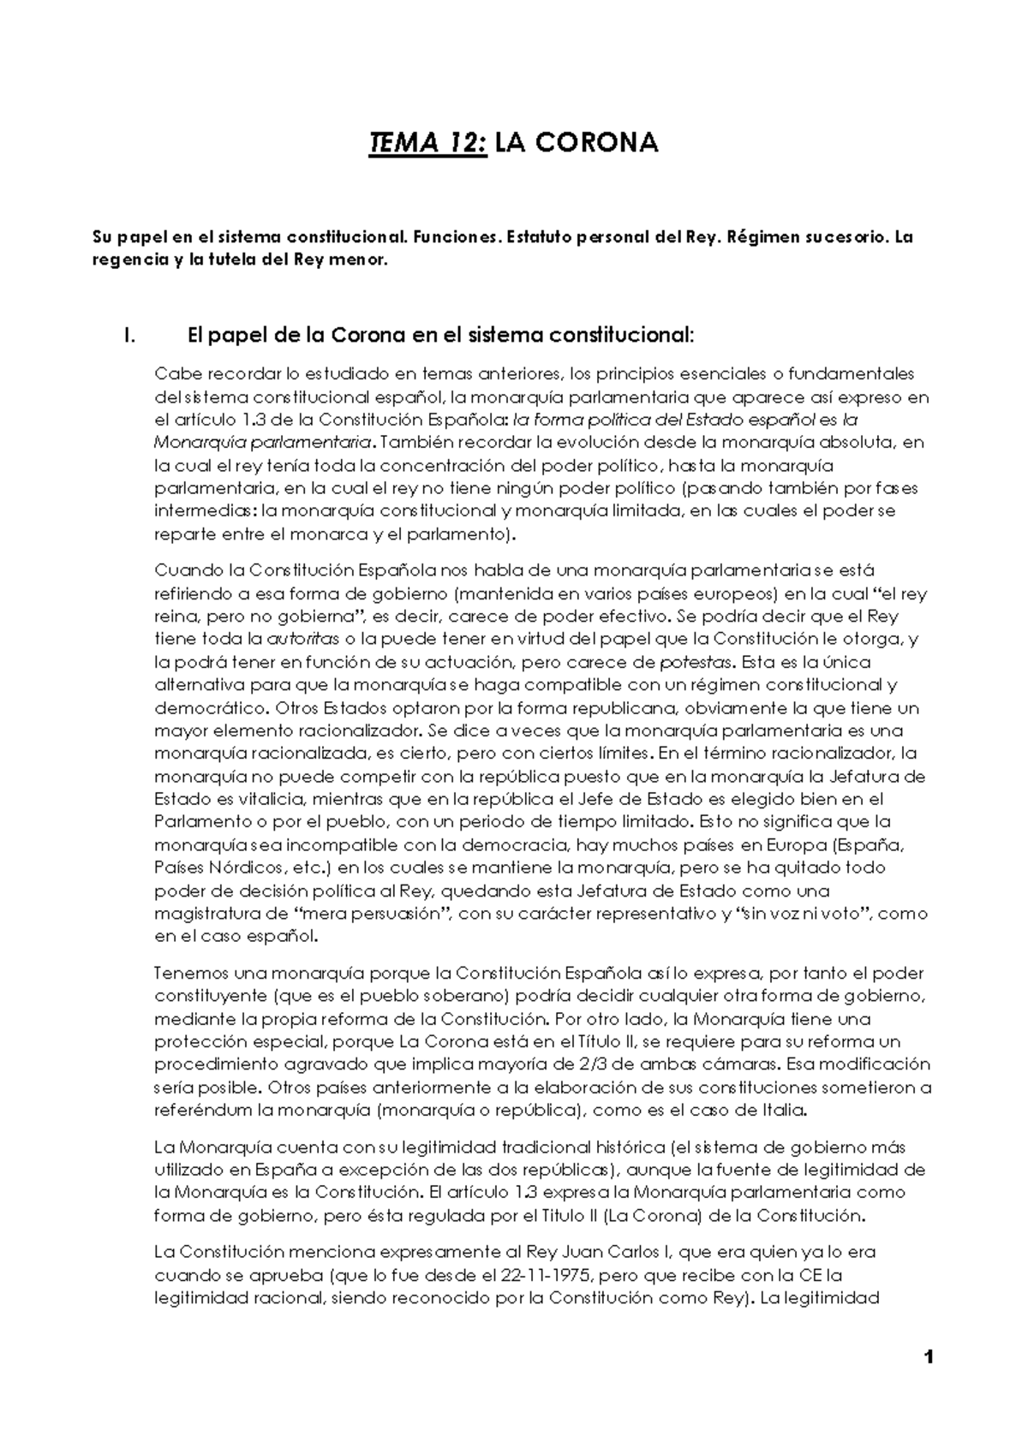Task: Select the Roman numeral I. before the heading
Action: coord(129,336)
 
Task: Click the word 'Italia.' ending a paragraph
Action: coord(781,1111)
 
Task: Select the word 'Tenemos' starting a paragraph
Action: coord(188,974)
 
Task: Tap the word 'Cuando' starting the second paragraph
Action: coord(182,570)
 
